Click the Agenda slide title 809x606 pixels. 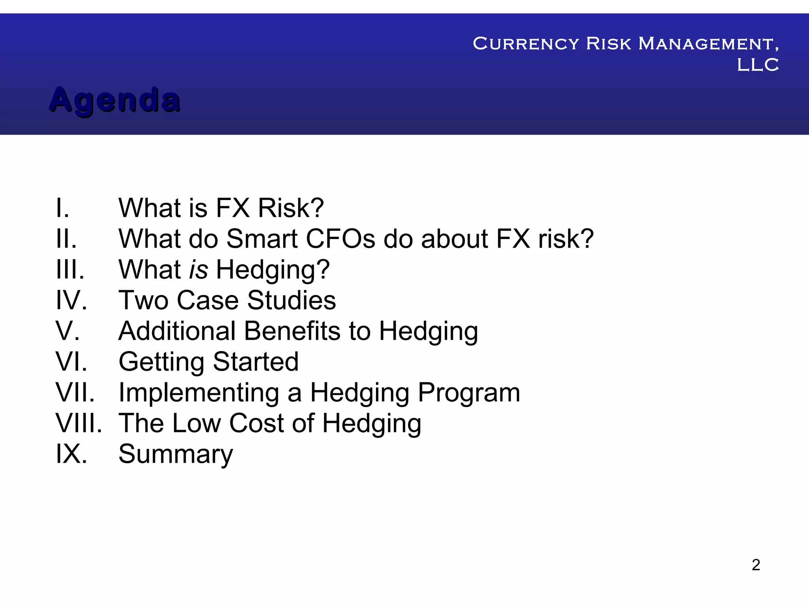(x=115, y=100)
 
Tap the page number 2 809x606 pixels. (x=756, y=565)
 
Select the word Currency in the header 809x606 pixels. (x=526, y=44)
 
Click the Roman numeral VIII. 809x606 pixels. (x=78, y=423)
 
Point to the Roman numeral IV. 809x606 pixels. (x=71, y=300)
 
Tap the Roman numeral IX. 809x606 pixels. (x=71, y=454)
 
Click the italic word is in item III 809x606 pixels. (x=198, y=269)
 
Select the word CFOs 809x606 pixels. (x=341, y=239)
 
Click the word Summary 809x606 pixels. (x=176, y=454)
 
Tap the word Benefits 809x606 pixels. (x=292, y=331)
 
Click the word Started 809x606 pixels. (x=256, y=362)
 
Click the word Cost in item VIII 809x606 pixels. (x=256, y=423)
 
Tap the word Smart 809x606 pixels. (x=262, y=239)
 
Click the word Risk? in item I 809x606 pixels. (x=290, y=208)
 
